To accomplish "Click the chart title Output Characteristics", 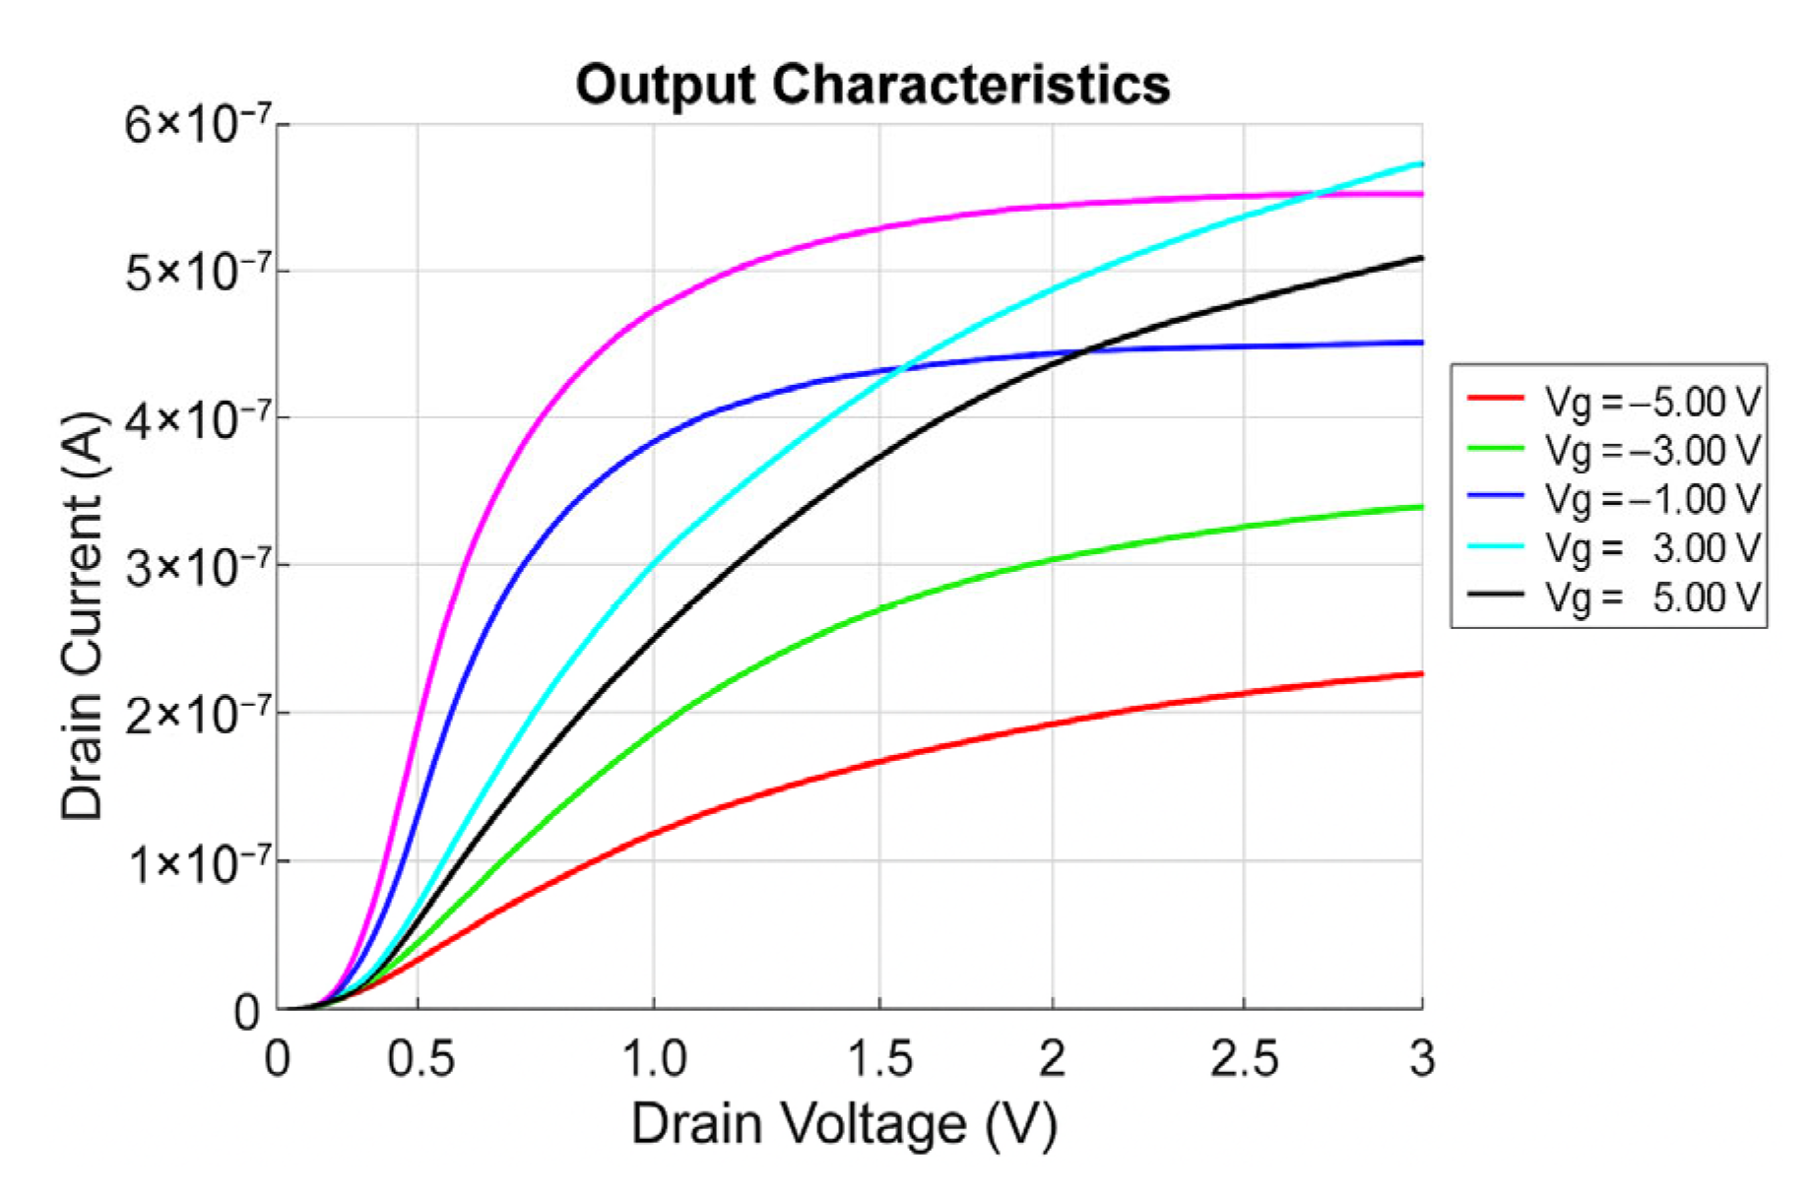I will coord(873,85).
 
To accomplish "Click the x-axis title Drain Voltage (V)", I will coord(844,1123).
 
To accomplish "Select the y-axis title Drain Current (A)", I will coord(82,616).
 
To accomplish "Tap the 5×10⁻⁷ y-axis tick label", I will coord(197,272).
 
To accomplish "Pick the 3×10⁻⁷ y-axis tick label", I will coord(197,567).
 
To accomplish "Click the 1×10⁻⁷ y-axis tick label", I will coord(197,862).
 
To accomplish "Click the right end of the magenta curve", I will coord(1421,194).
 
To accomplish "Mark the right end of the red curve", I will coord(1421,674).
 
